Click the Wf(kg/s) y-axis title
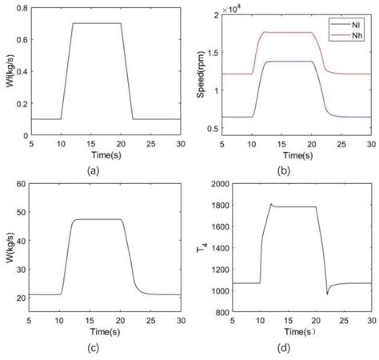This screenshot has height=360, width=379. click(x=10, y=71)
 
